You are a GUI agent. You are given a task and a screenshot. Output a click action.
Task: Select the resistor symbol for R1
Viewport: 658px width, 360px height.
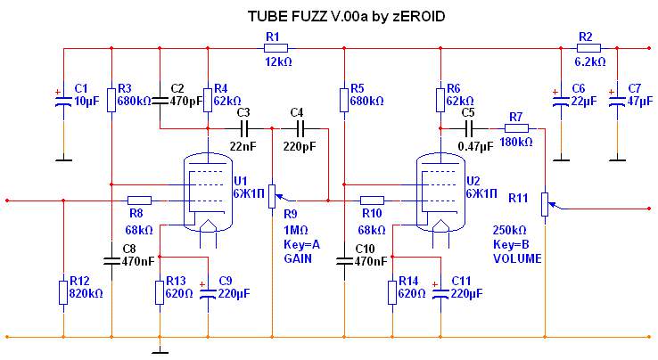tap(274, 47)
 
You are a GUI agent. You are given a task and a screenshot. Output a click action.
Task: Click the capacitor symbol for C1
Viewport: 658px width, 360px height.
tap(63, 97)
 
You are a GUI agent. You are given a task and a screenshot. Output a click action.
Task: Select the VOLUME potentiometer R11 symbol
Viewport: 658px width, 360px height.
tap(545, 204)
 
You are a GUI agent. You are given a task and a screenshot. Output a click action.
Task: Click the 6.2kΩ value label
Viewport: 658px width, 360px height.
tap(589, 62)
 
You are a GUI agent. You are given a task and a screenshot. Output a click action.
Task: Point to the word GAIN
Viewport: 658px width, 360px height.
tap(298, 258)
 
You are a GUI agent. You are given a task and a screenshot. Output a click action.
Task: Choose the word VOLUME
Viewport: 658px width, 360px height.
tap(518, 258)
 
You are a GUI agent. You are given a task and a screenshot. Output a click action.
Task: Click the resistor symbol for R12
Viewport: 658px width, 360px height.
tap(63, 291)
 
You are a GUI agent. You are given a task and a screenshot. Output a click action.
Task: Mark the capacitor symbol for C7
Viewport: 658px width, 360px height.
tap(616, 97)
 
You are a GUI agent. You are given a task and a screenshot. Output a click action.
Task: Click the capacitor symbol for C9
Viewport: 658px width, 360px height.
tap(207, 291)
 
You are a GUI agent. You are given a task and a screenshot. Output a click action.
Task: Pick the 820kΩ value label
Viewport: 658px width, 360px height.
tap(86, 293)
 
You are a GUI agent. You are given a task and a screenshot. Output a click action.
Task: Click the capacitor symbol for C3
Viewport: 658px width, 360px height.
tap(243, 128)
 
